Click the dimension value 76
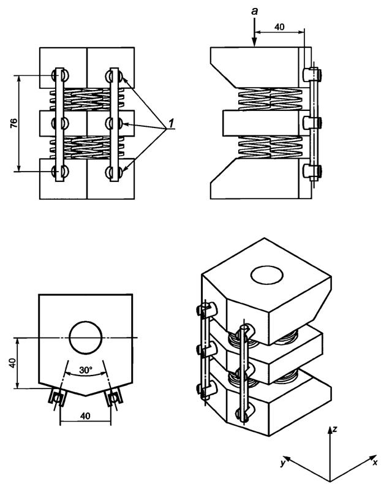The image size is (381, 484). pyautogui.click(x=14, y=123)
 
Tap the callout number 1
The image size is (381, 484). pyautogui.click(x=170, y=124)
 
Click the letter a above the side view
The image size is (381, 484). pyautogui.click(x=255, y=12)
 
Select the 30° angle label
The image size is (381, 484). pyautogui.click(x=86, y=370)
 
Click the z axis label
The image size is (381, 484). pyautogui.click(x=334, y=429)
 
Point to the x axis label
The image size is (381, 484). pyautogui.click(x=375, y=462)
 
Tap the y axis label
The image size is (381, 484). pyautogui.click(x=282, y=463)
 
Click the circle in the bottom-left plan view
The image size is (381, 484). pyautogui.click(x=86, y=338)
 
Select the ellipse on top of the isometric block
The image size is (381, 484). pyautogui.click(x=267, y=275)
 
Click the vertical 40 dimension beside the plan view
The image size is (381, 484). pyautogui.click(x=12, y=363)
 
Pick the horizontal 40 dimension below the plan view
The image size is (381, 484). pyautogui.click(x=85, y=416)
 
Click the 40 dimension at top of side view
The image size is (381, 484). pyautogui.click(x=279, y=27)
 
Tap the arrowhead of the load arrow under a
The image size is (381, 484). pyautogui.click(x=254, y=43)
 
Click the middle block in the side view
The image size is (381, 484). pyautogui.click(x=262, y=123)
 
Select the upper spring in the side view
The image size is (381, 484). pyautogui.click(x=269, y=99)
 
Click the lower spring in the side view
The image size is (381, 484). pyautogui.click(x=269, y=148)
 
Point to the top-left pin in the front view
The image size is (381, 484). pyautogui.click(x=59, y=75)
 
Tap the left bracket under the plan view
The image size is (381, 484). pyautogui.click(x=57, y=398)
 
